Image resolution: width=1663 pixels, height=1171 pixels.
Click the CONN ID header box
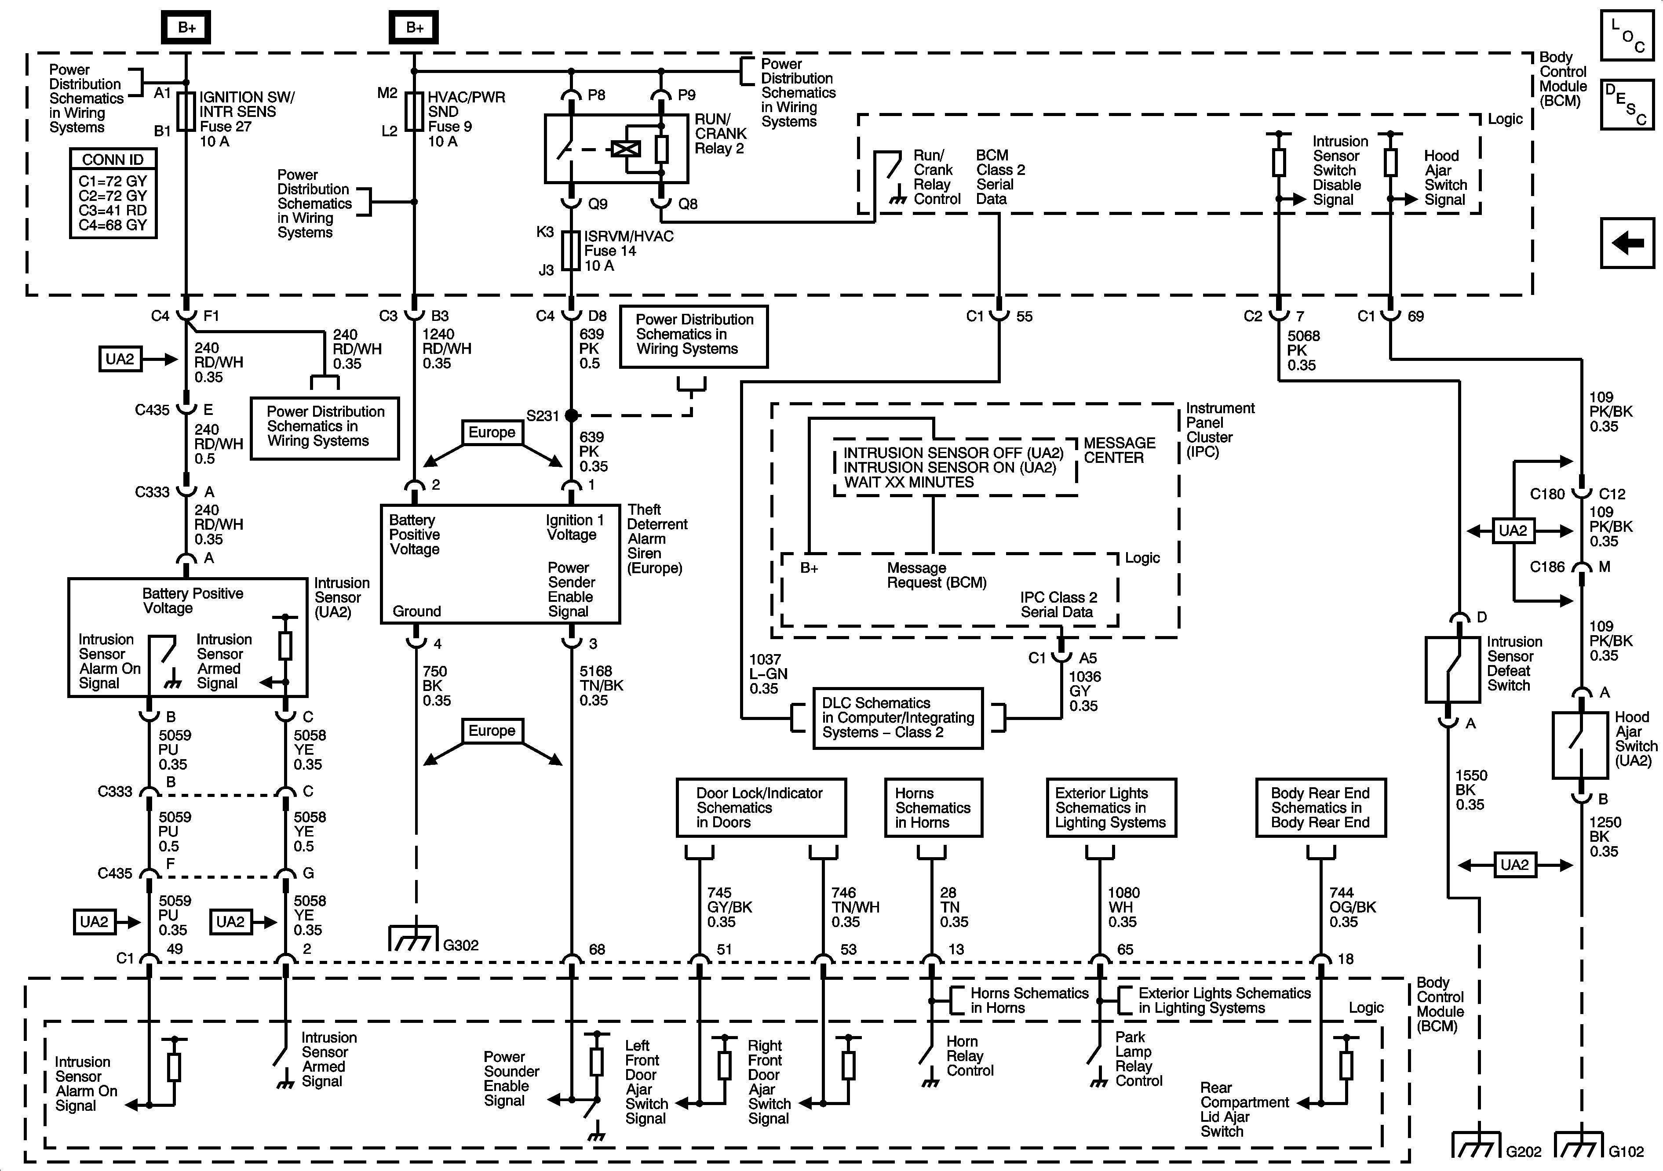pyautogui.click(x=113, y=159)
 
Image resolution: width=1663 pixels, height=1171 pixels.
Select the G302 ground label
pyautogui.click(x=461, y=945)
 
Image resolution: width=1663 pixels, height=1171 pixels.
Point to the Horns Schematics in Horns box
pyautogui.click(x=933, y=807)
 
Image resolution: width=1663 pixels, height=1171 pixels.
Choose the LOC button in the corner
pyautogui.click(x=1627, y=35)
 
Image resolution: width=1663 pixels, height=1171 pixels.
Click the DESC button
pyautogui.click(x=1627, y=104)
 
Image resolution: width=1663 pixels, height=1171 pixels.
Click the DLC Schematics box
pyautogui.click(x=897, y=718)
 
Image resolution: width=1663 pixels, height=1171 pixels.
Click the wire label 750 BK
pyautogui.click(x=436, y=686)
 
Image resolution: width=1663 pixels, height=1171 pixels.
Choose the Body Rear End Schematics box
pyautogui.click(x=1320, y=807)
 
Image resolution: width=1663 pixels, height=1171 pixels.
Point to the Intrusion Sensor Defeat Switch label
pyautogui.click(x=1514, y=663)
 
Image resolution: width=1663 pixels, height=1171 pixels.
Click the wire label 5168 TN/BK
pyautogui.click(x=601, y=686)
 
